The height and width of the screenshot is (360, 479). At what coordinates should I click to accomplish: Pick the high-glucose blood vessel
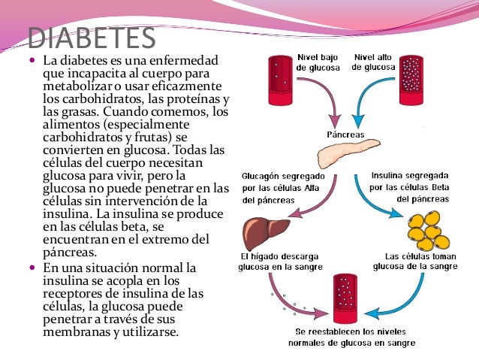pos(411,79)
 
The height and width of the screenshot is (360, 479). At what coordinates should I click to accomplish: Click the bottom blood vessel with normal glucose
pos(346,296)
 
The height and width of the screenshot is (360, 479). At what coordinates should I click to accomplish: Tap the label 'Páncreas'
pos(345,135)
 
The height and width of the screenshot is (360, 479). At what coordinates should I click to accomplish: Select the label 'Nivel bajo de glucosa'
pos(317,62)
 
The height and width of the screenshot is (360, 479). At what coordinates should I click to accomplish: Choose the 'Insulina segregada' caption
pos(411,188)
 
